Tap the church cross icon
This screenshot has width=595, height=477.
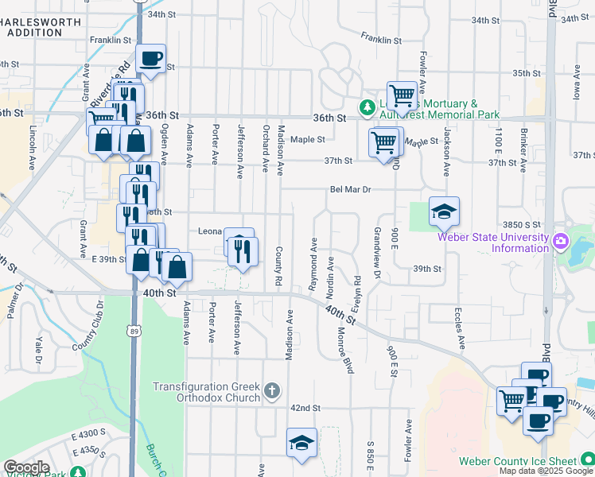point(272,390)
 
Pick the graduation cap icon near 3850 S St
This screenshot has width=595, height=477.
point(444,211)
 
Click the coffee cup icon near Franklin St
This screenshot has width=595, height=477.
point(150,57)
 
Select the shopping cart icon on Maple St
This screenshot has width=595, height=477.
point(384,142)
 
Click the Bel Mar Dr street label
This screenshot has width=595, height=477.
point(351,189)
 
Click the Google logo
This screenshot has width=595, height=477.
point(26,467)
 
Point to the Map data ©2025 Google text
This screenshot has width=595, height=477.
point(546,471)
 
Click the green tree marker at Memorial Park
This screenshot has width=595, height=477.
point(367,106)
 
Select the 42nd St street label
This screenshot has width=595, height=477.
point(305,408)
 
